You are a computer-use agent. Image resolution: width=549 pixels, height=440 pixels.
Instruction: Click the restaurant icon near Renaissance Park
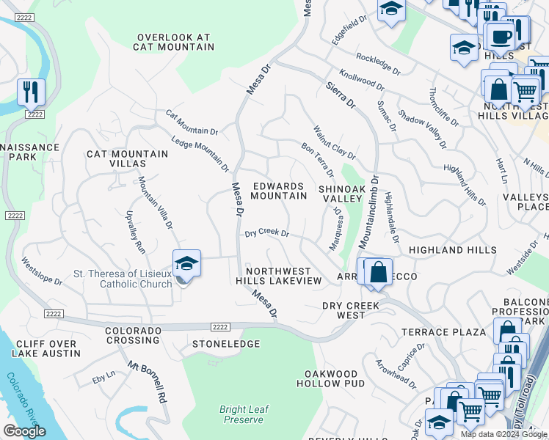31,92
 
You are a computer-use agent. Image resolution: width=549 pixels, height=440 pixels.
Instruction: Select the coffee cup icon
501,36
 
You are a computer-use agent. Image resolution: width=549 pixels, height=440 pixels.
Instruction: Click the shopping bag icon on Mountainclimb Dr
378,272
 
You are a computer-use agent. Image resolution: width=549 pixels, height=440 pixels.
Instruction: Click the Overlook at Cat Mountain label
174,42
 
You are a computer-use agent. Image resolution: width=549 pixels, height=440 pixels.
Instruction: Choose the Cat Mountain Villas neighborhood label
127,159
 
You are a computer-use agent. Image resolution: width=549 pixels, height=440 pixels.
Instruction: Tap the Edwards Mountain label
278,191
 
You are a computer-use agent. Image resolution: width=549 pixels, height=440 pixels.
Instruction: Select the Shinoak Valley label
341,194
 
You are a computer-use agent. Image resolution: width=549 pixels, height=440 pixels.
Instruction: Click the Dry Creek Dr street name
266,232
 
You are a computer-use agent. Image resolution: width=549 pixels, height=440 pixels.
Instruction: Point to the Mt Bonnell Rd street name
147,382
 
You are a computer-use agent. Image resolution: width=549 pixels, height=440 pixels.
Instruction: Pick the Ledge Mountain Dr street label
200,155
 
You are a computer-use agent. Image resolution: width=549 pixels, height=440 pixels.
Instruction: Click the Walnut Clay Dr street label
334,143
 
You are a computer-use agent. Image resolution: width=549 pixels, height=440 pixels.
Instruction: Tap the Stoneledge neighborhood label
226,343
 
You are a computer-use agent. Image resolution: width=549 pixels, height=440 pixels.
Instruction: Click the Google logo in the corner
24,431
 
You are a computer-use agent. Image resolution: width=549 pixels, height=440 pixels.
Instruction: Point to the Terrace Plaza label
443,332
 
